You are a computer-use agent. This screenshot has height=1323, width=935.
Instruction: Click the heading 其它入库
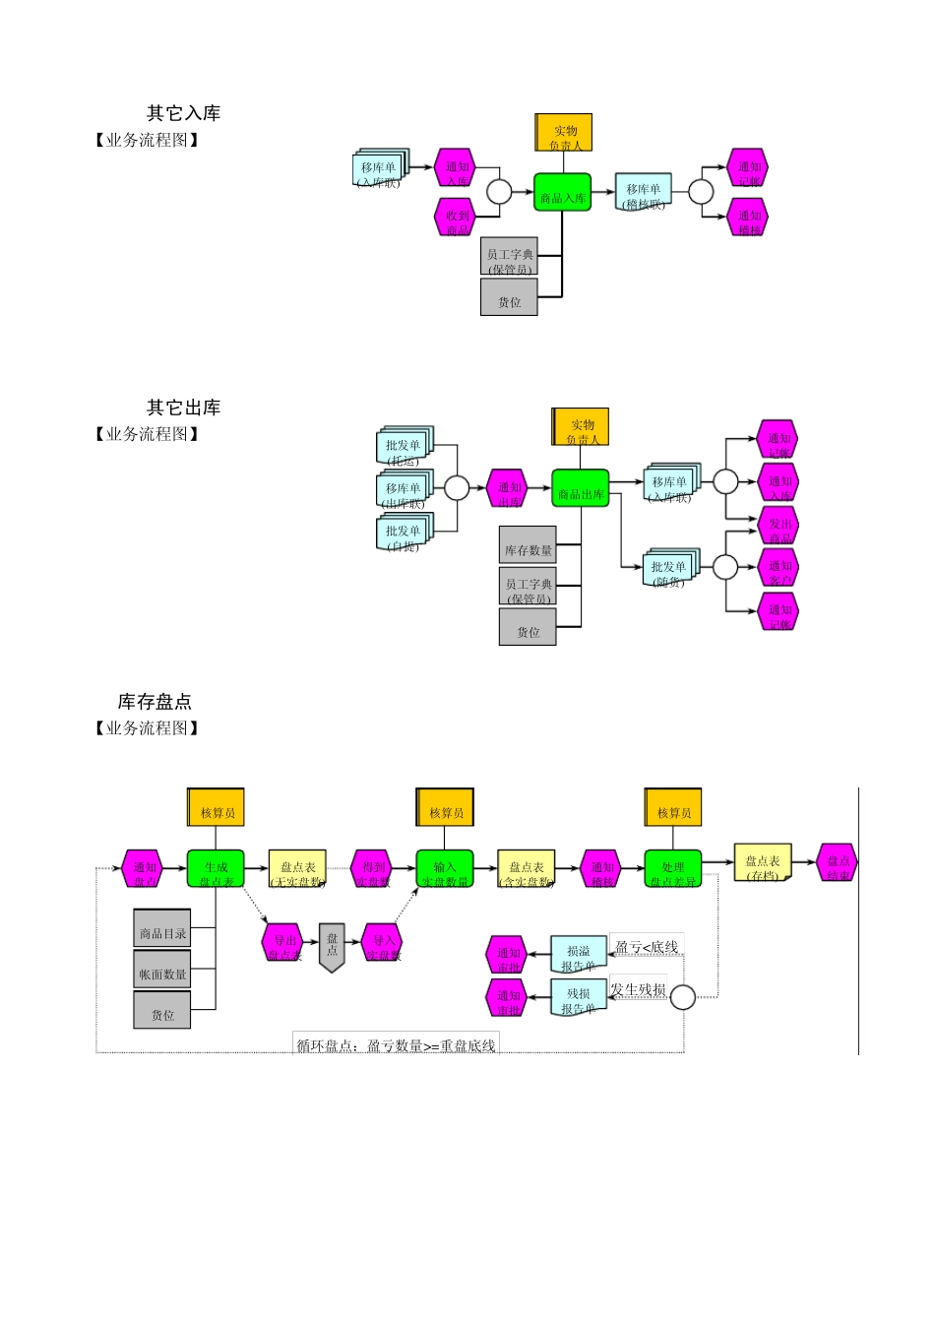tap(183, 113)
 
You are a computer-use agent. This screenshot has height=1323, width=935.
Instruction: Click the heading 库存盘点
tap(155, 702)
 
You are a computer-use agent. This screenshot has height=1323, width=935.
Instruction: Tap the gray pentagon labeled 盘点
tap(333, 947)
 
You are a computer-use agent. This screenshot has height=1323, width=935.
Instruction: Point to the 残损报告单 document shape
tap(578, 998)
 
